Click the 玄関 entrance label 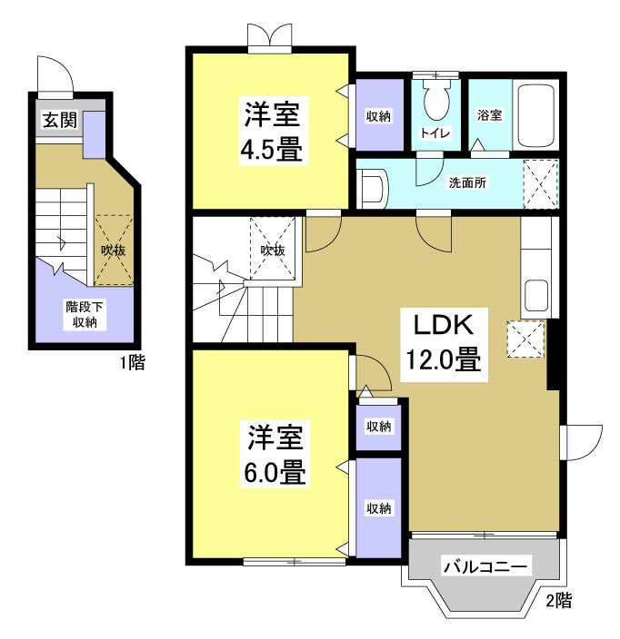coord(57,122)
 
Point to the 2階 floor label coord(558,599)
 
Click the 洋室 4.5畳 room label coord(271,132)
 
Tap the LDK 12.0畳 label coord(441,342)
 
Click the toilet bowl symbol coord(436,101)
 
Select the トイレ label coord(432,133)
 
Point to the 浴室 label coord(490,115)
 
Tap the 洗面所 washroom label coord(467,182)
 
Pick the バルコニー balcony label coord(485,567)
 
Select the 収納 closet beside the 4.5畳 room coord(378,116)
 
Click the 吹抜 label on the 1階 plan coord(111,250)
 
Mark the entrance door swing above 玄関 coord(55,74)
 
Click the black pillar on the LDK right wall coord(551,359)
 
